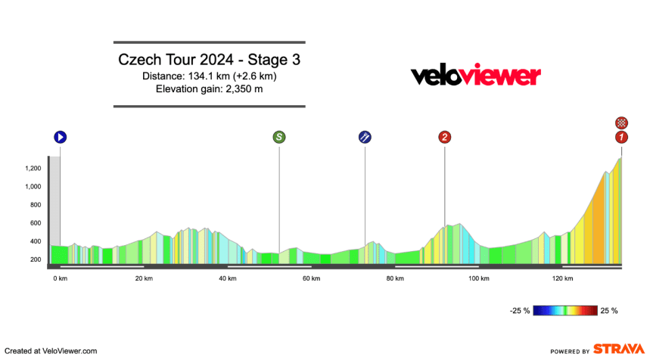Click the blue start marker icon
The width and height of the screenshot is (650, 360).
[61, 137]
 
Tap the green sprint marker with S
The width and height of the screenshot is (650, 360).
[279, 137]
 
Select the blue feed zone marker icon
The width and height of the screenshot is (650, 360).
[365, 137]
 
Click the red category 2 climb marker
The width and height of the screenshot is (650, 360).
[444, 137]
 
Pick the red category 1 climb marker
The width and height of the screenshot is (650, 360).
[621, 137]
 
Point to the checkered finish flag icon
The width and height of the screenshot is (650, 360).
[621, 123]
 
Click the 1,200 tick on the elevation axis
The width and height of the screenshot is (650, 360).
[33, 169]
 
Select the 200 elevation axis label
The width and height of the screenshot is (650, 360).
[36, 259]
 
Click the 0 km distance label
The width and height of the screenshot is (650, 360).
[61, 278]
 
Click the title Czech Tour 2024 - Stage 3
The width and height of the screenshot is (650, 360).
[209, 60]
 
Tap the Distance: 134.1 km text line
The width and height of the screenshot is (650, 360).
[209, 76]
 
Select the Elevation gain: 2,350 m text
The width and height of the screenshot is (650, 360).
[209, 90]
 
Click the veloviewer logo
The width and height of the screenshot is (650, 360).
[475, 76]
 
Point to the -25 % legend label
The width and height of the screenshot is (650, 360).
[519, 311]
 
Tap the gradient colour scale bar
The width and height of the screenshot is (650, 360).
[565, 311]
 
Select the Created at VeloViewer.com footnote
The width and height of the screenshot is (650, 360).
[51, 351]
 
